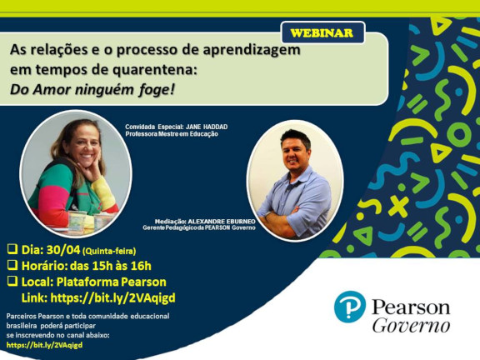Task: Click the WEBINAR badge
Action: coord(322,32)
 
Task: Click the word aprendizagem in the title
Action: coord(252,50)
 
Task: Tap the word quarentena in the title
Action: coord(152,70)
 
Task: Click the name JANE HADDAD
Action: coord(207,127)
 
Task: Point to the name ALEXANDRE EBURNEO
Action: coord(222,222)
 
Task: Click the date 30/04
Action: coord(63,250)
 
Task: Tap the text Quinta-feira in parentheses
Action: coord(109,252)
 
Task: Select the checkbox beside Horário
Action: coord(12,265)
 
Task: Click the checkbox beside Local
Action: coord(12,281)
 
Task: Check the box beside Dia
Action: coord(12,249)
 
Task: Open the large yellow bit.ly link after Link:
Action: coord(112,297)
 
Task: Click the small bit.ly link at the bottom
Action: coord(44,345)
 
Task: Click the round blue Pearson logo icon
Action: coord(350,307)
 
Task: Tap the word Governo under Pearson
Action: coord(411,326)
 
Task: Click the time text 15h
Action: coord(102,266)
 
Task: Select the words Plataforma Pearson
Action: coord(112,282)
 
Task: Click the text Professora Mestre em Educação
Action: coord(172,134)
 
